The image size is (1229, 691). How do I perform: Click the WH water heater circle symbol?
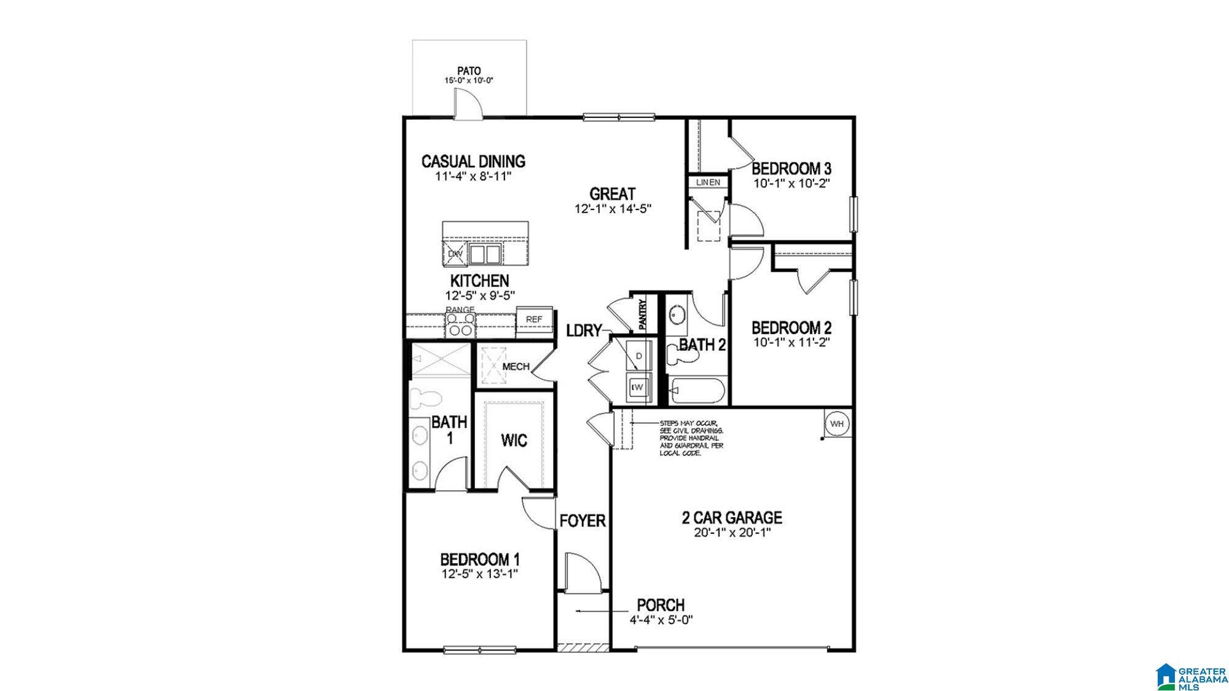pos(837,424)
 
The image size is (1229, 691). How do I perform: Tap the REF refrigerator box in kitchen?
pos(533,319)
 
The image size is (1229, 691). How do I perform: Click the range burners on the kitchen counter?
pos(460,325)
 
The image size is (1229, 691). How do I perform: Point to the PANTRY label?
pos(643,314)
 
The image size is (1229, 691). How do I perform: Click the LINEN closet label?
pos(707,182)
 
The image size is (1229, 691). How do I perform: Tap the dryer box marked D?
pos(638,356)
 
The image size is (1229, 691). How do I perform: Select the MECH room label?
pos(516,367)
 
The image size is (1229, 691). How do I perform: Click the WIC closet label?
pos(514,440)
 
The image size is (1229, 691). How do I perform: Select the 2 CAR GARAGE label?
pos(732,517)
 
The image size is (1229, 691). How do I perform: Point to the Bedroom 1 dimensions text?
pos(480,574)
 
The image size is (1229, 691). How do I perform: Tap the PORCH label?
pos(661,605)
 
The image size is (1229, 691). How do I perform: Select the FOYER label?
pos(583,521)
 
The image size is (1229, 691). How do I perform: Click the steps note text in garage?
pos(691,438)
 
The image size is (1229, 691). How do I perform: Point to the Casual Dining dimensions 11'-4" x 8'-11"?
pos(473,176)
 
